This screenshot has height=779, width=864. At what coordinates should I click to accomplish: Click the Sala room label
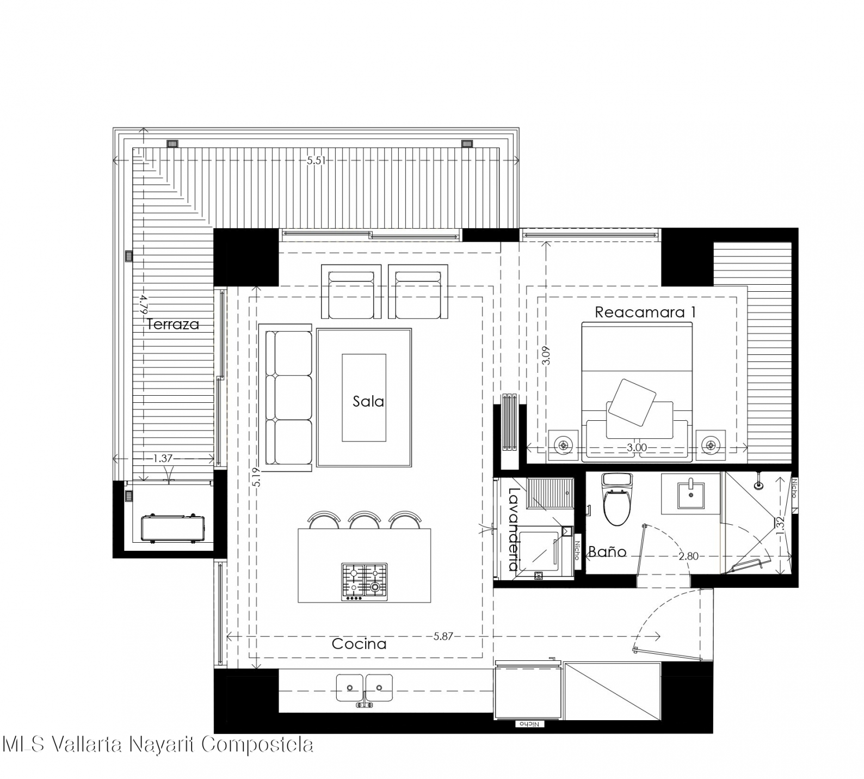coord(368,402)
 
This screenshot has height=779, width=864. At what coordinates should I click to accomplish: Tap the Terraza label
coord(173,324)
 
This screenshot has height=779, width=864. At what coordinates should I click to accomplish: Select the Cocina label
coord(359,644)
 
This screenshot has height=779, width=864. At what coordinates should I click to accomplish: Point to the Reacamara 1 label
coord(645,312)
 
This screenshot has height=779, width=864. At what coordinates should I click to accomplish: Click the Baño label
coord(607,551)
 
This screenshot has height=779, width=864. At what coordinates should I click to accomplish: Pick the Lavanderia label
coord(513,529)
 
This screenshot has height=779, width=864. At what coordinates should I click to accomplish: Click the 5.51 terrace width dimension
coord(316,161)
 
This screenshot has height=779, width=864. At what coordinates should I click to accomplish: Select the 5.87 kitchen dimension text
coord(443,636)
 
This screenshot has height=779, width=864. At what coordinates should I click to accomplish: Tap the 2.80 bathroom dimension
coord(688,556)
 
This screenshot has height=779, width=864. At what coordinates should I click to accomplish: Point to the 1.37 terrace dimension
coord(162,459)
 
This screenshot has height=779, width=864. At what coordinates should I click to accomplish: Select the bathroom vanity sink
coord(690,493)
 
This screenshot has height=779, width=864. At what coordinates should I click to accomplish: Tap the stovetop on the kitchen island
coord(365,582)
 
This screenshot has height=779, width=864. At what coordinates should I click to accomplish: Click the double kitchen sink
coord(365,689)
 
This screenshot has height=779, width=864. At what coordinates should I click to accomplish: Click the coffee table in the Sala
coord(364,397)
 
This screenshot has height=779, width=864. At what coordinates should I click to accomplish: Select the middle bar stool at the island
coord(365,520)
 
